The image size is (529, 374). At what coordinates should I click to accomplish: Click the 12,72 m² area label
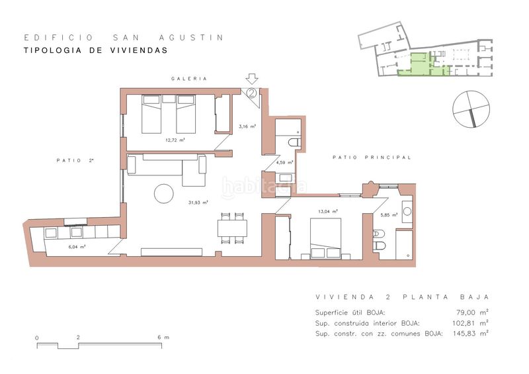(175, 140)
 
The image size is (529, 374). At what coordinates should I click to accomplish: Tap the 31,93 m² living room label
(198, 203)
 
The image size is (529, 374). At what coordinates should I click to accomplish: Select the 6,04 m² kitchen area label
(77, 247)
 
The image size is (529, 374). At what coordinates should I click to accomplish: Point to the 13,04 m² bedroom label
(328, 212)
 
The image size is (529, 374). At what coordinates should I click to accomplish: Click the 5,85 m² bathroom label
(389, 214)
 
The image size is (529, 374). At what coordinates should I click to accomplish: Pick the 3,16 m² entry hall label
(247, 126)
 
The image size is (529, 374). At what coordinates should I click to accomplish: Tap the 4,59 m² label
(284, 162)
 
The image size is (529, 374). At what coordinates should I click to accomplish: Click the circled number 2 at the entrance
(252, 93)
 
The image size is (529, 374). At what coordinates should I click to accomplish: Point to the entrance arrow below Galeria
(252, 79)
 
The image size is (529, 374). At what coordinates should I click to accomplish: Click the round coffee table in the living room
(164, 193)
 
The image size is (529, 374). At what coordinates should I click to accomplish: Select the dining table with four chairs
(232, 228)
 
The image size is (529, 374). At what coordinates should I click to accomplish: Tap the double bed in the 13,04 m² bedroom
(325, 238)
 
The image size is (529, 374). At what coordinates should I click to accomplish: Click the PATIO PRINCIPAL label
(372, 158)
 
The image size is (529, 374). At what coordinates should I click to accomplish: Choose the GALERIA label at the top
(189, 79)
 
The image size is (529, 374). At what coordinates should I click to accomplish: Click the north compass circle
(471, 109)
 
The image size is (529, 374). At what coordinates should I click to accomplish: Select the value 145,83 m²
(470, 334)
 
